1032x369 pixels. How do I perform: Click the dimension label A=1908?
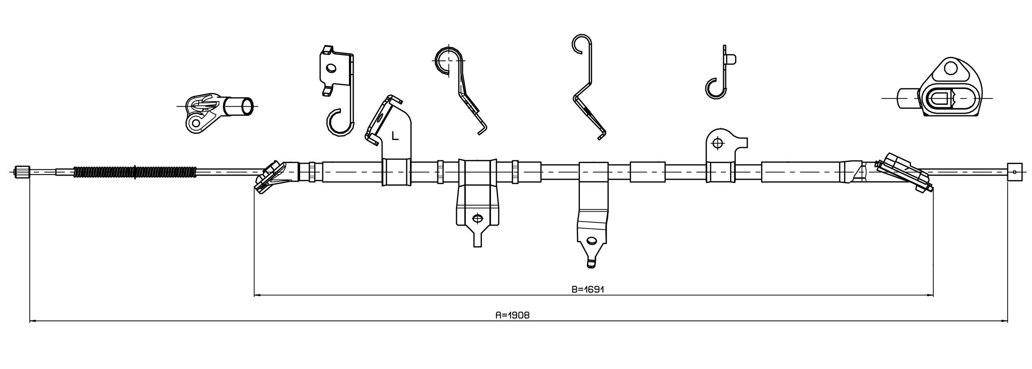pyautogui.click(x=512, y=315)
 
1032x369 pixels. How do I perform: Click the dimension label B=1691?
pyautogui.click(x=588, y=289)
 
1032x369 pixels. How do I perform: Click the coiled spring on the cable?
pyautogui.click(x=135, y=172)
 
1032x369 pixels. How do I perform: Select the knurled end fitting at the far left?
pyautogui.click(x=22, y=171)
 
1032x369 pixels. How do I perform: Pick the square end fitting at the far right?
pyautogui.click(x=1015, y=172)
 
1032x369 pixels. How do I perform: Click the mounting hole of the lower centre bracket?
pyautogui.click(x=477, y=218)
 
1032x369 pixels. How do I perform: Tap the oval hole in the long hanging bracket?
pyautogui.click(x=592, y=241)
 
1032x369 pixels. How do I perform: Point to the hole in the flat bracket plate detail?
pyautogui.click(x=330, y=68)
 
